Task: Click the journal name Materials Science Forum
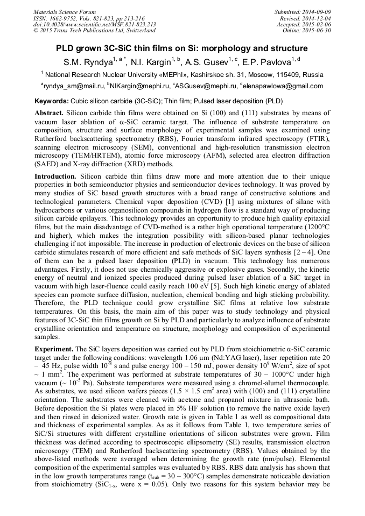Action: (65, 11)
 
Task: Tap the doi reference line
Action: (95, 24)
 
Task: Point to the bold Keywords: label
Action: (51, 101)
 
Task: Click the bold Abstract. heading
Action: (49, 114)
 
